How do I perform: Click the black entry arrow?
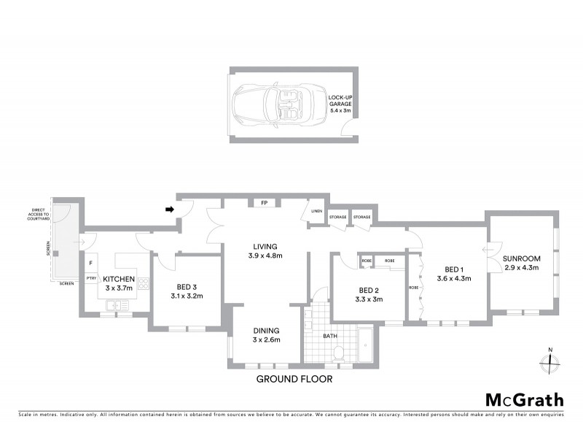click(171, 210)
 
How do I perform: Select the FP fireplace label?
click(264, 202)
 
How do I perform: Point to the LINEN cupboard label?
click(316, 212)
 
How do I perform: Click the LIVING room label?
click(265, 250)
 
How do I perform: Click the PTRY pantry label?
click(91, 277)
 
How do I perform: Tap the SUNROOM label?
click(522, 263)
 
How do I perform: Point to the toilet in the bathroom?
click(337, 353)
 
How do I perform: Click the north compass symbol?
click(550, 360)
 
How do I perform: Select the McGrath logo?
click(524, 399)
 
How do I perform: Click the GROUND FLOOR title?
click(294, 379)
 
